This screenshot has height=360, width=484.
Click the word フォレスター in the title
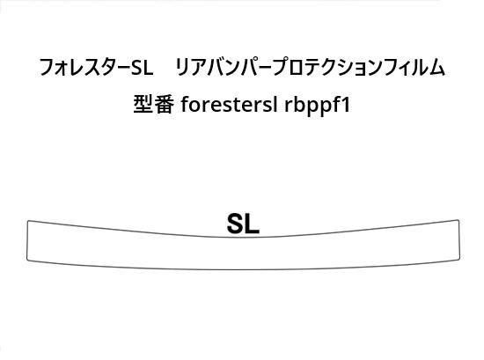click(x=84, y=67)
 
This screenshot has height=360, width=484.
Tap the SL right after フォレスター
click(x=142, y=68)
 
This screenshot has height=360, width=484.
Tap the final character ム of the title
click(x=436, y=68)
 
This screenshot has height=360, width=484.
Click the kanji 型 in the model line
click(x=143, y=104)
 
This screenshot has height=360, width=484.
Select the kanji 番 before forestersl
click(x=164, y=104)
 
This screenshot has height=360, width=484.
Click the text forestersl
click(x=229, y=105)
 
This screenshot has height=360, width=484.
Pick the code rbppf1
click(x=317, y=106)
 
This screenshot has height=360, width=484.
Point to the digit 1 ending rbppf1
click(x=346, y=105)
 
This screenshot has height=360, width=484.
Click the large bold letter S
click(x=236, y=224)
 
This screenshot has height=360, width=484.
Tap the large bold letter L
click(x=253, y=224)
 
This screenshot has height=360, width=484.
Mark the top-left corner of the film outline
click(x=28, y=221)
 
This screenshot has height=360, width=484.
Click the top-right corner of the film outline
click(x=458, y=220)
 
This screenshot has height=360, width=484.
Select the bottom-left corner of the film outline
click(x=27, y=260)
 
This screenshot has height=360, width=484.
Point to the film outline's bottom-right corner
click(x=459, y=259)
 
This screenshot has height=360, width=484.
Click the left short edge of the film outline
click(x=27, y=240)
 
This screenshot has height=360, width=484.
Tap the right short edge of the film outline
click(x=459, y=239)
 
